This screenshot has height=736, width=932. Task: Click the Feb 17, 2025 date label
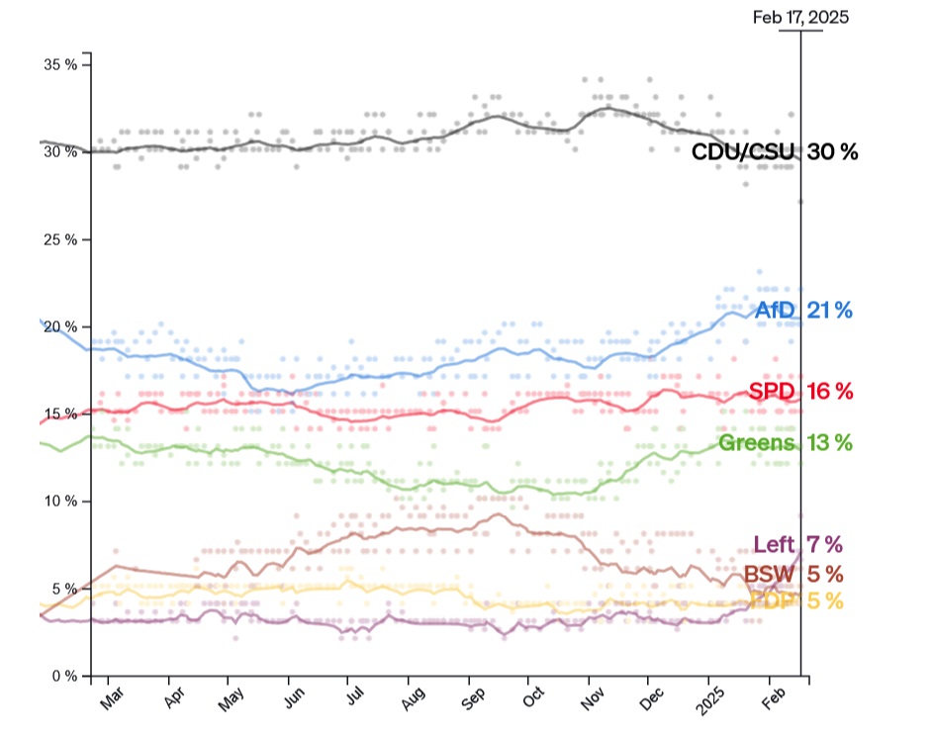click(x=800, y=18)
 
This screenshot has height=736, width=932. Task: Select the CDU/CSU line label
click(x=745, y=152)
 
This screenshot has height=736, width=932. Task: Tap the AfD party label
click(x=776, y=311)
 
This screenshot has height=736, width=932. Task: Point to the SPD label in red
click(x=772, y=392)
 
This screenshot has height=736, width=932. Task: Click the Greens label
click(x=758, y=442)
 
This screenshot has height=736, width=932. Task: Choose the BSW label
click(x=766, y=574)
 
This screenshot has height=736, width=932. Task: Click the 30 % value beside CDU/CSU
click(x=832, y=152)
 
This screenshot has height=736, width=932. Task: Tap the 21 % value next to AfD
click(x=829, y=311)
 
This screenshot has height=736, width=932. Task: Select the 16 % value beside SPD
click(x=829, y=392)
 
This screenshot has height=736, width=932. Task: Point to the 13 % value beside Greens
click(x=829, y=442)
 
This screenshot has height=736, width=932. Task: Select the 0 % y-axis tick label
click(x=64, y=676)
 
